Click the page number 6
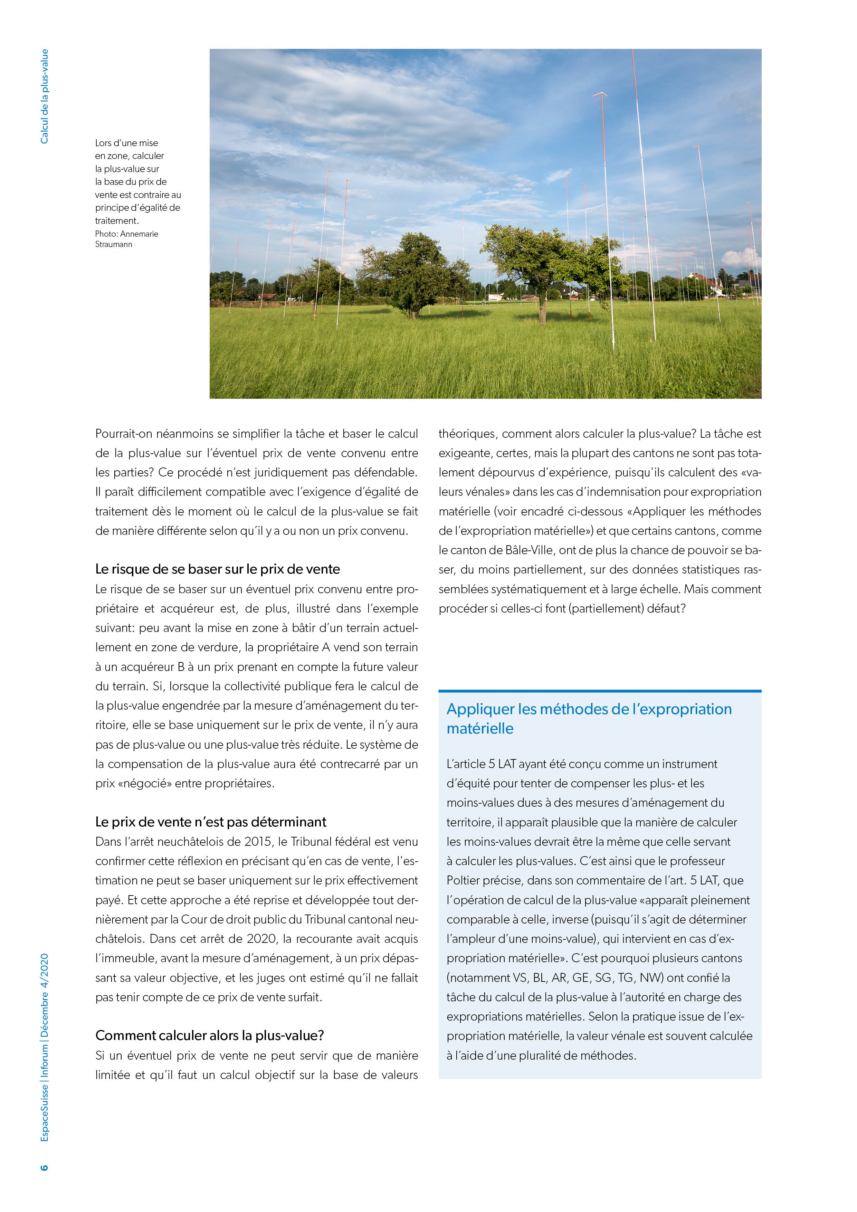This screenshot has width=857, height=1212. (x=44, y=1167)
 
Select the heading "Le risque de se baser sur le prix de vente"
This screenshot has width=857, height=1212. (x=217, y=569)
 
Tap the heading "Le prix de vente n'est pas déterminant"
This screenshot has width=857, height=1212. (x=211, y=822)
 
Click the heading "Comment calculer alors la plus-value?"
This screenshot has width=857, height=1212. (x=210, y=1036)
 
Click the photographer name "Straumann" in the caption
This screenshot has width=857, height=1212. (x=113, y=244)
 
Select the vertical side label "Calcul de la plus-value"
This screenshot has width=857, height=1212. (x=44, y=96)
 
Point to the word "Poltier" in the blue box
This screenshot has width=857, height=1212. (x=465, y=880)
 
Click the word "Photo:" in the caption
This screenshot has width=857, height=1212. (x=107, y=234)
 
